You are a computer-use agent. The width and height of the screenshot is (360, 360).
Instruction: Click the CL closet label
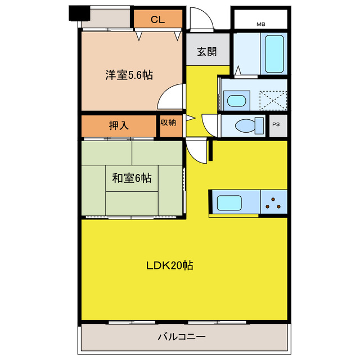(157, 20)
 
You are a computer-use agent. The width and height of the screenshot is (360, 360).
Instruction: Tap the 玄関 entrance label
(206, 52)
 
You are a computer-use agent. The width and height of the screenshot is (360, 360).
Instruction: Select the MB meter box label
(260, 24)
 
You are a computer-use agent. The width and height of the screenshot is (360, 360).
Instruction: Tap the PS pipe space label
(276, 124)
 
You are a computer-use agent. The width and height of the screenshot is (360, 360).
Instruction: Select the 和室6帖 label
(131, 178)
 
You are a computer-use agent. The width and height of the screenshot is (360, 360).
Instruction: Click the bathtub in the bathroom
(274, 53)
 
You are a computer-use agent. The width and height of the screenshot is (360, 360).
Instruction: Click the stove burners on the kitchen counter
(274, 202)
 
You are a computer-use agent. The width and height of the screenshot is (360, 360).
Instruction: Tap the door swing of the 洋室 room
(172, 97)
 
